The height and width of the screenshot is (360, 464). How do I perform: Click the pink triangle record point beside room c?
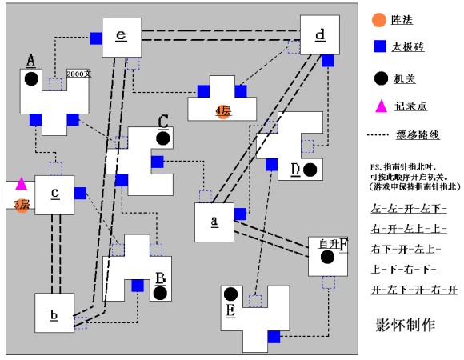click(22, 183)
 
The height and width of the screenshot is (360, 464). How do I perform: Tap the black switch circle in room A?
click(30, 78)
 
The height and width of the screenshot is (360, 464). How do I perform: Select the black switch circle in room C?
click(163, 138)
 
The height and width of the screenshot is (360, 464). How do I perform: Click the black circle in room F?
click(326, 257)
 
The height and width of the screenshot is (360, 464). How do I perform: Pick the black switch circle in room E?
click(231, 294)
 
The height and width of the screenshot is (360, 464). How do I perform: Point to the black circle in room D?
click(310, 170)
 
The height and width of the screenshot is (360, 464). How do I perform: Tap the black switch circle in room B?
click(160, 293)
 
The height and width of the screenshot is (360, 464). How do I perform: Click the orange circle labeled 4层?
click(222, 111)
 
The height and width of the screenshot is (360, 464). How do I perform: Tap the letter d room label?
click(320, 34)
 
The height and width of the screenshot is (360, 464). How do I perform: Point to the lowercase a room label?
click(214, 220)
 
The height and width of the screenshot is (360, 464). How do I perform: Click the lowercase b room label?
click(54, 314)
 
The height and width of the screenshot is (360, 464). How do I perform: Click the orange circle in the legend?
click(379, 18)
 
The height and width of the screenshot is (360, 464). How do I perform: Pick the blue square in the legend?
click(379, 47)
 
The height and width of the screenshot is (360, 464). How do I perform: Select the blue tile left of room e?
click(96, 38)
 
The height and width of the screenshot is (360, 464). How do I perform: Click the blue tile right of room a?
click(240, 212)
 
